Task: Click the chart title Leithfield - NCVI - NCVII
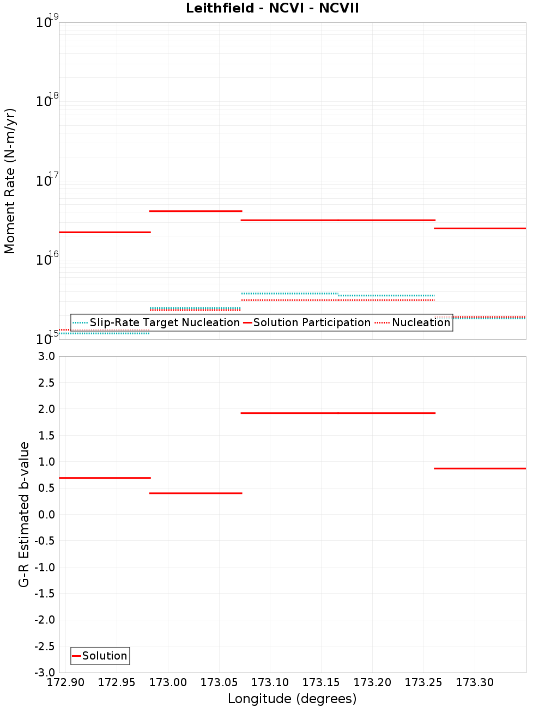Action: pyautogui.click(x=272, y=8)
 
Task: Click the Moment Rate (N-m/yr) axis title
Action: pyautogui.click(x=10, y=181)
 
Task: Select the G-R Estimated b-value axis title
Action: pyautogui.click(x=24, y=514)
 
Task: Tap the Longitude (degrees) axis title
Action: pyautogui.click(x=292, y=699)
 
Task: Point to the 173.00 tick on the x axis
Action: pyautogui.click(x=168, y=682)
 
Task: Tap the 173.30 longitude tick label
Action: pyautogui.click(x=475, y=682)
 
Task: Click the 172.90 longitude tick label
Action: pyautogui.click(x=66, y=682)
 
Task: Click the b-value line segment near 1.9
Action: pyautogui.click(x=338, y=413)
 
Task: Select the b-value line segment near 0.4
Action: pyautogui.click(x=195, y=493)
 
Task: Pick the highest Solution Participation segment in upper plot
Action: pyautogui.click(x=195, y=211)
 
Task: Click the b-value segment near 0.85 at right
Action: pyautogui.click(x=480, y=468)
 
